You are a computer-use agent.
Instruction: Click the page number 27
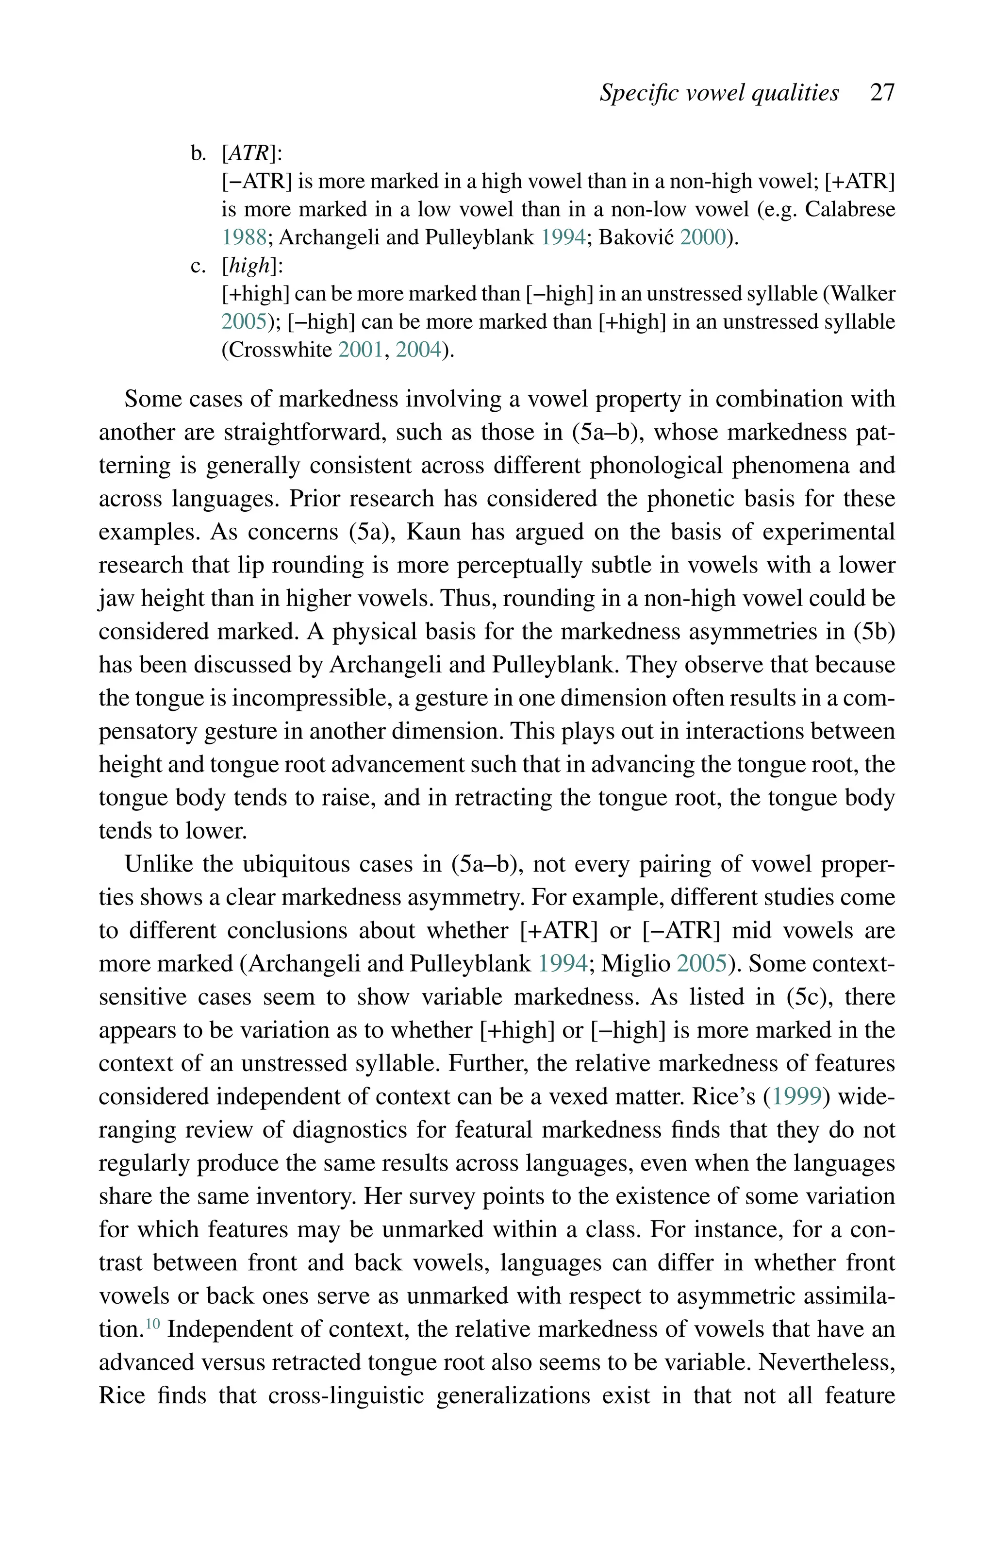(882, 93)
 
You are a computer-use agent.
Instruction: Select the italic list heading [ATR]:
(252, 153)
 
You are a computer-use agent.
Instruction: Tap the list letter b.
(199, 153)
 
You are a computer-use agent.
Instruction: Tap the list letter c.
(199, 266)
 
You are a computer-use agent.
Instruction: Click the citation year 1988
(244, 237)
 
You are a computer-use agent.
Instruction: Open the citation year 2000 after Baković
(703, 237)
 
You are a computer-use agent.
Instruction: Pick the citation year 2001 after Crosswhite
(361, 350)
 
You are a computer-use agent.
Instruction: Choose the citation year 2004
(418, 350)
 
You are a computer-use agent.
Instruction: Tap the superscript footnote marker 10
(152, 1324)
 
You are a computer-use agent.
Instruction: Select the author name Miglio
(636, 964)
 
